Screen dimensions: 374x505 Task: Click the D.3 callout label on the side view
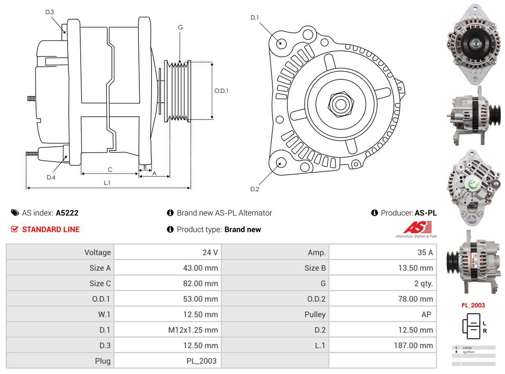(x=50, y=12)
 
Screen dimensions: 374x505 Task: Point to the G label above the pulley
(x=180, y=27)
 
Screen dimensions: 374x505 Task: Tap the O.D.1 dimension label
(x=221, y=91)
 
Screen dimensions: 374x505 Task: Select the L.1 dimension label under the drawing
(x=107, y=183)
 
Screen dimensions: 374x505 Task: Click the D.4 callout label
(x=51, y=177)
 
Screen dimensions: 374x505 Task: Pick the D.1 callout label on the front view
(x=255, y=18)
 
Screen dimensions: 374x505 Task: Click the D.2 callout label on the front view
(x=255, y=189)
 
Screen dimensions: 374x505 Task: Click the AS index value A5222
(x=67, y=213)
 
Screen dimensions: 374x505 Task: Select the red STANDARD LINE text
(x=51, y=230)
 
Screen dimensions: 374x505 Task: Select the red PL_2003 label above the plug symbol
(x=473, y=305)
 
